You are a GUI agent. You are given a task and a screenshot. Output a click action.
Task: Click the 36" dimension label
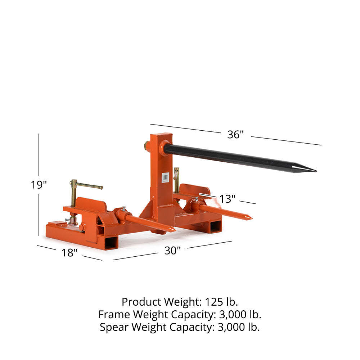235,135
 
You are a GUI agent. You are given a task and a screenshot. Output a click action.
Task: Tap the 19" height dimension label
39,185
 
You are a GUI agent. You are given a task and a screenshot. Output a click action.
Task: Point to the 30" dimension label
172,251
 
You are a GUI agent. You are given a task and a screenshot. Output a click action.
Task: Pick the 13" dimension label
227,199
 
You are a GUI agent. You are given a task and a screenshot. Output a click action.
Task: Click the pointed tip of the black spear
316,171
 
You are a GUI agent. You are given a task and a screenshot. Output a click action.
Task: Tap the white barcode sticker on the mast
165,177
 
